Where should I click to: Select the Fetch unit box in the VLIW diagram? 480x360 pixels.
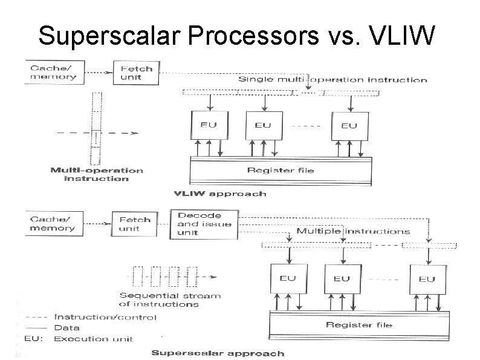click(135, 73)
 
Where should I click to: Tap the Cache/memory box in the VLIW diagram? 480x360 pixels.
click(54, 73)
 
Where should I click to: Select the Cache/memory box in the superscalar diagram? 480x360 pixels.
click(53, 224)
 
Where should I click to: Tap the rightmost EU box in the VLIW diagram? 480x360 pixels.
click(349, 126)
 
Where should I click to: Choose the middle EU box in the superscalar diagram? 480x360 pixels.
click(341, 279)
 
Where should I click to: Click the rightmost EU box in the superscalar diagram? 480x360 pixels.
click(426, 279)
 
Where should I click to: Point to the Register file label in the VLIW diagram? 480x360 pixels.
click(281, 170)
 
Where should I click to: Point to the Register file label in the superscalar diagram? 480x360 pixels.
click(359, 325)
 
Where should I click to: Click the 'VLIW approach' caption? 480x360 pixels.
click(219, 194)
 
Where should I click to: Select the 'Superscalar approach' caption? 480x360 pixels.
click(217, 353)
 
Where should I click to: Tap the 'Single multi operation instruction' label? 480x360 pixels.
click(332, 79)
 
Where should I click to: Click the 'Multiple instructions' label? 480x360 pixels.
click(352, 231)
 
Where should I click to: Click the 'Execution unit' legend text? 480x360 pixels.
click(94, 338)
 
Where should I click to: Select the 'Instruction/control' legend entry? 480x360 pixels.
click(105, 316)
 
